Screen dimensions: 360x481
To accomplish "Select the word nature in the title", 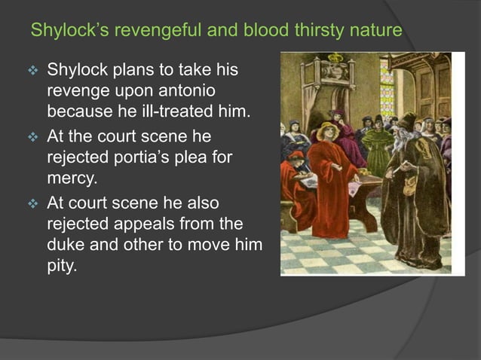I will pyautogui.click(x=374, y=32).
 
